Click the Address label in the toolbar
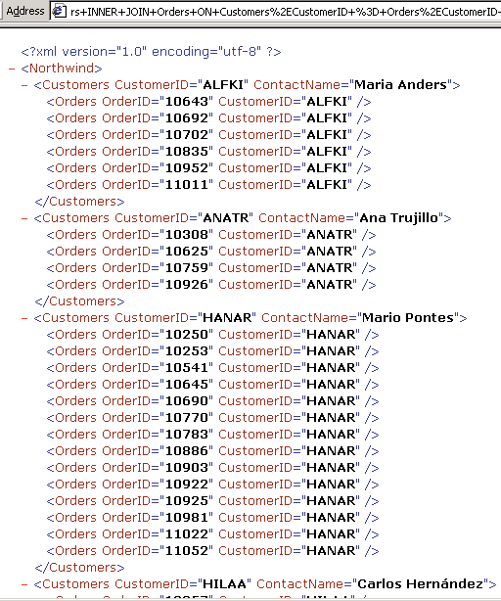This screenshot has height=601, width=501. click(x=25, y=11)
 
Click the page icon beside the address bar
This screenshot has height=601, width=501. click(x=59, y=11)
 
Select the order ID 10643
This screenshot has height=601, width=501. click(x=187, y=102)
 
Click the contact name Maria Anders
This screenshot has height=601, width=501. click(x=400, y=85)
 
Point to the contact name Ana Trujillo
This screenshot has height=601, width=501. click(x=398, y=218)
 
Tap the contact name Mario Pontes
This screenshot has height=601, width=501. click(x=408, y=318)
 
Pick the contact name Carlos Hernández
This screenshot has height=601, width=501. click(x=420, y=583)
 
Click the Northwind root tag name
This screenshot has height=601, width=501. click(x=62, y=69)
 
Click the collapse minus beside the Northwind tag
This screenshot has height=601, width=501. click(x=12, y=69)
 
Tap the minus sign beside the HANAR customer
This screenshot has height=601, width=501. click(x=24, y=318)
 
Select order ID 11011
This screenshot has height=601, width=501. click(x=187, y=185)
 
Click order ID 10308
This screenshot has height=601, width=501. click(x=187, y=235)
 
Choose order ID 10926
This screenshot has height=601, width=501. click(x=187, y=285)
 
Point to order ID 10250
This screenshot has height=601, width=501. click(x=187, y=335)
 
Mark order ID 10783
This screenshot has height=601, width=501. click(x=187, y=435)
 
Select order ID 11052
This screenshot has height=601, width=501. click(x=187, y=551)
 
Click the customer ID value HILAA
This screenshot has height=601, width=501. click(x=224, y=583)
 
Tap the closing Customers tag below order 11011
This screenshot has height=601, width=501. click(x=79, y=202)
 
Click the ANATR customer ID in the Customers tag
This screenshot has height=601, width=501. click(x=226, y=218)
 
